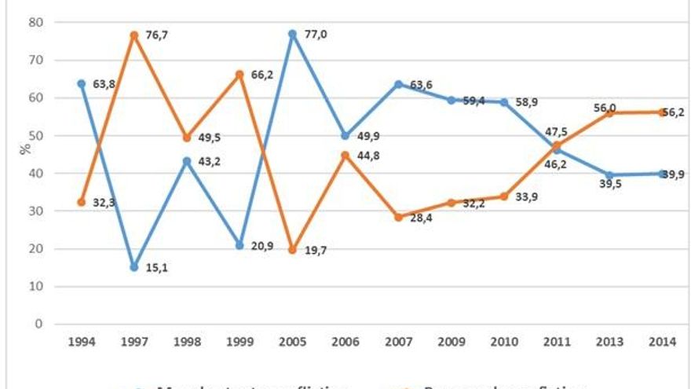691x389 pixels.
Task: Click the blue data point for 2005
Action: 292,35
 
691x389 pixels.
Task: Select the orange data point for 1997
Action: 134,35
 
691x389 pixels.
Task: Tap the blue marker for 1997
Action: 134,267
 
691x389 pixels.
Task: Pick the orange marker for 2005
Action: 292,250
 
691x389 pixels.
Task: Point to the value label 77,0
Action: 316,35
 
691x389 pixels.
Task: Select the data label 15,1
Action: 157,269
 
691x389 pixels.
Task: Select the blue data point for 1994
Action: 82,83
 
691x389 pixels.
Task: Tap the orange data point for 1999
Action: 239,75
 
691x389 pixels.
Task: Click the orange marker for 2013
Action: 609,113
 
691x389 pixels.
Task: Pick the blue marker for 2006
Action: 345,136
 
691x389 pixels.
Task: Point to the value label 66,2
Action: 263,75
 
